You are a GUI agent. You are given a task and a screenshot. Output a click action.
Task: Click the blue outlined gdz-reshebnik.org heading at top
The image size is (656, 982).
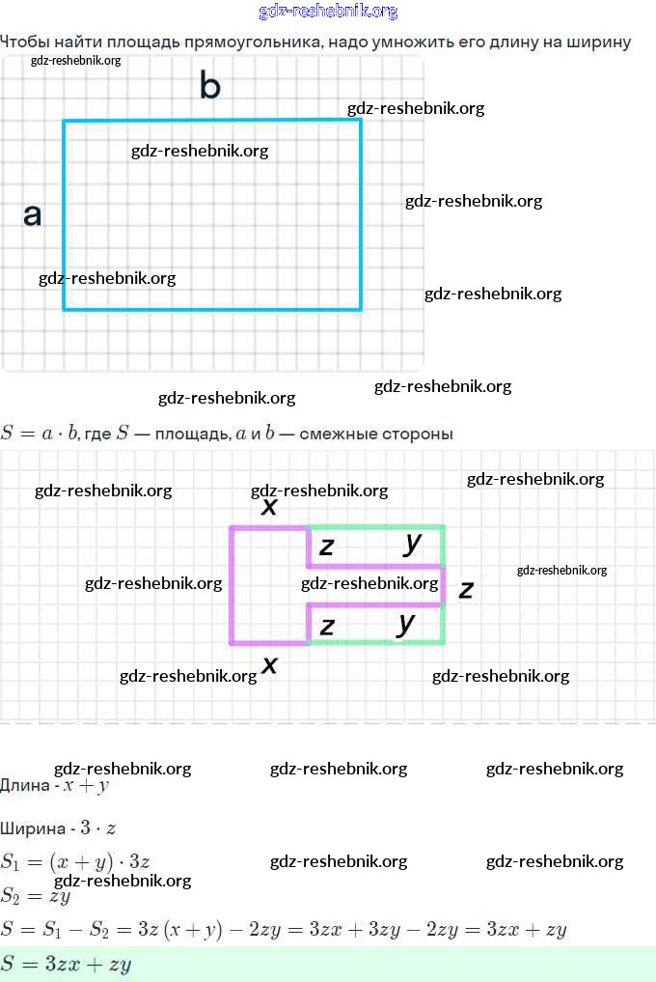click(x=328, y=12)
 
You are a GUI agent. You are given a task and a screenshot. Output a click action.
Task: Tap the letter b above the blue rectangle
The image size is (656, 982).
click(x=209, y=86)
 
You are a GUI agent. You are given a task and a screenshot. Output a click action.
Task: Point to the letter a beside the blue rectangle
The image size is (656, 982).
click(x=33, y=214)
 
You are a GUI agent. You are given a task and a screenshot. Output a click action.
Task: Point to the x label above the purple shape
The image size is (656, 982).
click(x=269, y=506)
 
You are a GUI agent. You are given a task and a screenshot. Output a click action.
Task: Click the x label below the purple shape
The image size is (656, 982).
click(x=270, y=664)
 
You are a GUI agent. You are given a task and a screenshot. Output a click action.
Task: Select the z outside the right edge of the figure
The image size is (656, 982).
click(x=466, y=588)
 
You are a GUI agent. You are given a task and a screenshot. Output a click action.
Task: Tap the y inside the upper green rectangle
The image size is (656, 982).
click(x=413, y=543)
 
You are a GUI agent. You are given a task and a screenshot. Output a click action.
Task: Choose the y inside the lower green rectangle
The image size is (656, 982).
click(x=406, y=623)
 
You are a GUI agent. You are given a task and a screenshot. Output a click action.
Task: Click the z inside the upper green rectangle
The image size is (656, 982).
click(x=327, y=547)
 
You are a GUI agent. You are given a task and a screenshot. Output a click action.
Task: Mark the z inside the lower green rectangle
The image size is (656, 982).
click(x=327, y=627)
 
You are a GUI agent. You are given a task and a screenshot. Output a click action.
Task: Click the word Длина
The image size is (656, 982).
click(x=25, y=786)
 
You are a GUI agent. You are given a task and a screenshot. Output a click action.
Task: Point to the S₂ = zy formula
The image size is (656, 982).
click(x=36, y=895)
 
